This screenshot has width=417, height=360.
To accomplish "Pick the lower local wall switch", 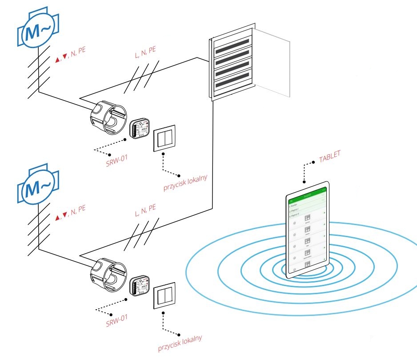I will tap(164, 296).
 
